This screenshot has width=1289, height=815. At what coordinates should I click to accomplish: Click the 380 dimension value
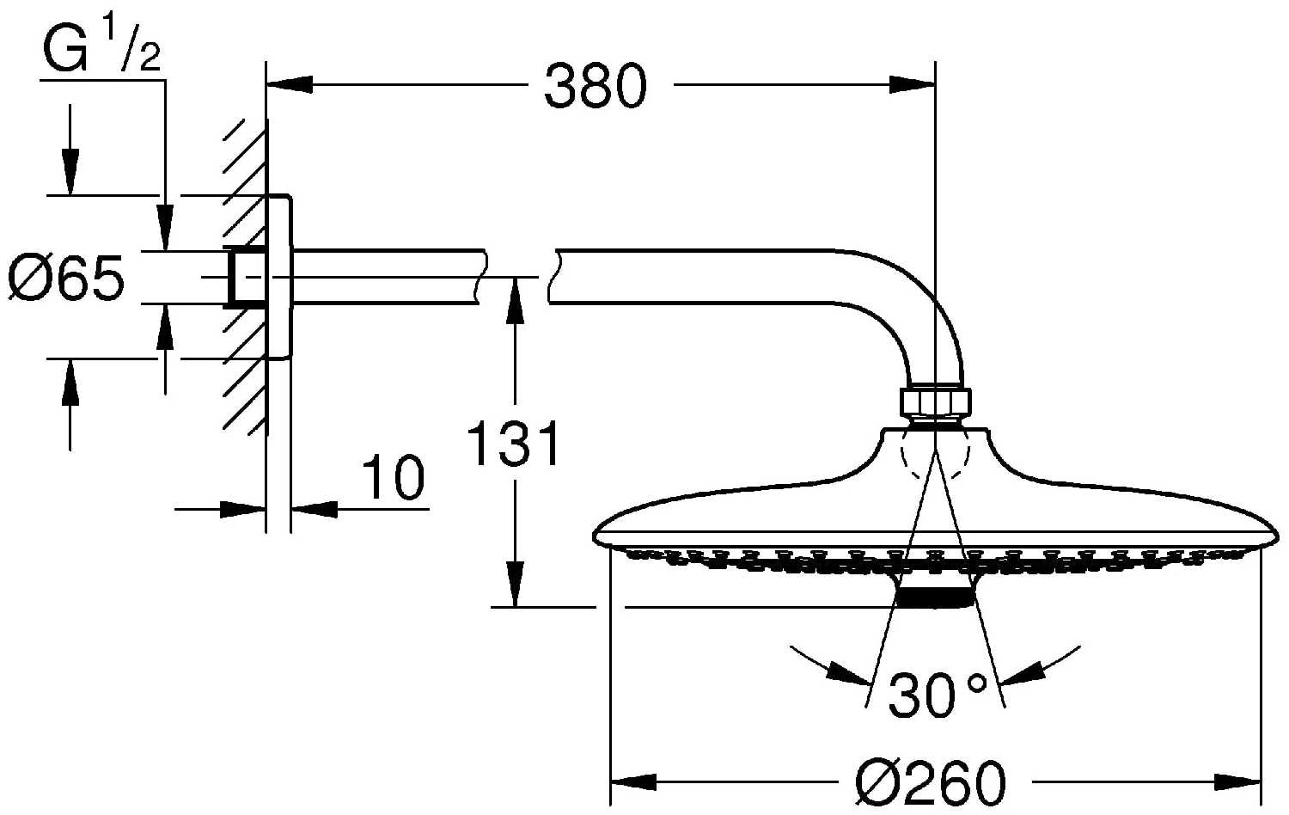[596, 86]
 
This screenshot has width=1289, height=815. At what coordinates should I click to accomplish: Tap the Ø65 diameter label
[66, 278]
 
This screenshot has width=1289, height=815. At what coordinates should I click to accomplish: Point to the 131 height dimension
[513, 444]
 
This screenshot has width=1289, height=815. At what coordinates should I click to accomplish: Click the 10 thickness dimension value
[394, 477]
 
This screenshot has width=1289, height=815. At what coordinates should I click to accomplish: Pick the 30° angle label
[938, 696]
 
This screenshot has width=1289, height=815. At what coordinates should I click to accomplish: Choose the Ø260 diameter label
[931, 783]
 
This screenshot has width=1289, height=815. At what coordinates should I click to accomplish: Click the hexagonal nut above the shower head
[935, 402]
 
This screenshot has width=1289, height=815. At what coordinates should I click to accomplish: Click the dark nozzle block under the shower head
[936, 597]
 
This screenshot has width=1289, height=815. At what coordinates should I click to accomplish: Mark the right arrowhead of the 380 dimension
[912, 85]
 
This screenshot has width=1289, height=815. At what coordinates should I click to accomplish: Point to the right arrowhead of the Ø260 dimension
[1237, 782]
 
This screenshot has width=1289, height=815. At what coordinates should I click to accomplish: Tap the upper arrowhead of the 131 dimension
[515, 300]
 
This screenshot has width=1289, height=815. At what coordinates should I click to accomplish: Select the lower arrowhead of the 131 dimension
[515, 584]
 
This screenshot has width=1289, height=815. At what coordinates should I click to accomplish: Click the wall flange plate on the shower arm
[279, 277]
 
